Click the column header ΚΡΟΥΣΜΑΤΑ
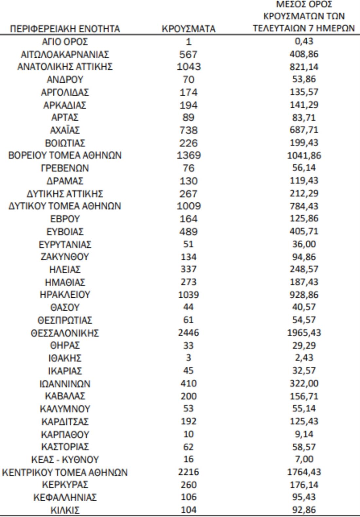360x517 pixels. click(189, 29)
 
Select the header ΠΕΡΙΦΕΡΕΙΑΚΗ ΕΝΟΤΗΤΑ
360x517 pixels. click(65, 29)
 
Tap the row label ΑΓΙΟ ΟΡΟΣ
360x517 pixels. click(65, 42)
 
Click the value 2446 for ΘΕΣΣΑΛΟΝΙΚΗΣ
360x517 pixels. click(189, 333)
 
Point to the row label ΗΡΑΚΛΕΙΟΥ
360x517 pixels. click(65, 295)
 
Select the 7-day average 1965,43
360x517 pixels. click(304, 333)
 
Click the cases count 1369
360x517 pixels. click(189, 155)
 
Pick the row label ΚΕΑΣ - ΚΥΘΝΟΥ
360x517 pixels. click(65, 459)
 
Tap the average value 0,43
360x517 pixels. click(304, 42)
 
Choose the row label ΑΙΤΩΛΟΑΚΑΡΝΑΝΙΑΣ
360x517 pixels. click(65, 54)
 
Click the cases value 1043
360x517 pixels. click(189, 67)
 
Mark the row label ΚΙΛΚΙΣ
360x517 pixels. click(65, 510)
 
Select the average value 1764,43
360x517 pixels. click(304, 472)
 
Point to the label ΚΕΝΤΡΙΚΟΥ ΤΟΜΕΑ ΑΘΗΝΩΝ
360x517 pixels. click(65, 472)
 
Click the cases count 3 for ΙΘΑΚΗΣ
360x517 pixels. click(189, 358)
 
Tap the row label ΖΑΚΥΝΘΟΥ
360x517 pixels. click(65, 257)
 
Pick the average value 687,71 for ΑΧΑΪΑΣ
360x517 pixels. click(304, 130)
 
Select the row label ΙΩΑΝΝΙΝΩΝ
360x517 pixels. click(65, 383)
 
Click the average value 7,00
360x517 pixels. click(304, 459)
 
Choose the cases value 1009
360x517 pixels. click(189, 206)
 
